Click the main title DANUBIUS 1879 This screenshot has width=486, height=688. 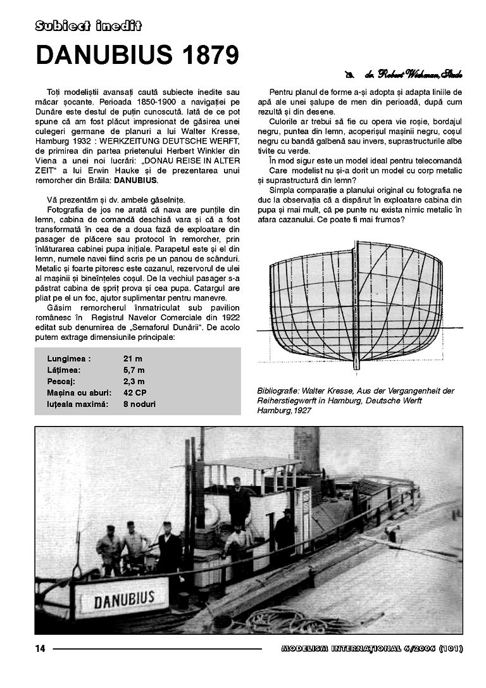(137, 55)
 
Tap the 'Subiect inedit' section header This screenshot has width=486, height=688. (88, 25)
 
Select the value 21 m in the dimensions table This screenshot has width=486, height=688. (134, 358)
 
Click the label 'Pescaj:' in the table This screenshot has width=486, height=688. (61, 381)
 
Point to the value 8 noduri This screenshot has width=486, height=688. (139, 404)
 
